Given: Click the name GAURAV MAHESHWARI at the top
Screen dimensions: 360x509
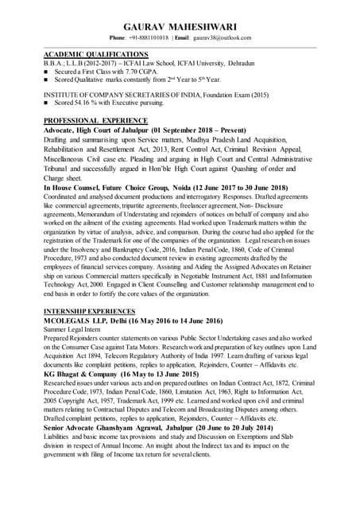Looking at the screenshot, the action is tap(180, 26).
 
